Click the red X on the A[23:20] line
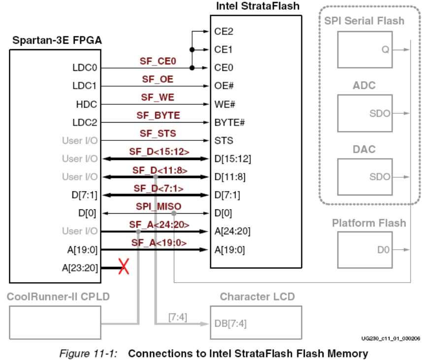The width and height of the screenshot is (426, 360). tap(124, 268)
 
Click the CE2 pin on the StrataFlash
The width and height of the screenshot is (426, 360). tap(224, 32)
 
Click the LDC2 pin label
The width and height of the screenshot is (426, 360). tap(86, 123)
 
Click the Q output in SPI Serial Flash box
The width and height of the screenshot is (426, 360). tap(385, 50)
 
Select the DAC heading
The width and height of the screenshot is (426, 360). tap(364, 149)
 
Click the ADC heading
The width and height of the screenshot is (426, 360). tap(364, 85)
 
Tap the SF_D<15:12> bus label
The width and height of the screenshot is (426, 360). tap(158, 152)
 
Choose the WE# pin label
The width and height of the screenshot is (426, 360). tap(224, 104)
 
